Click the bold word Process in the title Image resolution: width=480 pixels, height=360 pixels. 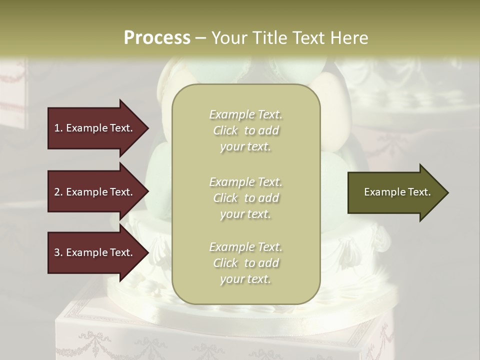pyautogui.click(x=157, y=38)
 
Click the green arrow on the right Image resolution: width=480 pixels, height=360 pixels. pyautogui.click(x=395, y=192)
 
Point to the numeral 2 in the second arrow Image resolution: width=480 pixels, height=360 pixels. pyautogui.click(x=57, y=192)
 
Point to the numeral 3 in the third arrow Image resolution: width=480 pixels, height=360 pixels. pyautogui.click(x=57, y=252)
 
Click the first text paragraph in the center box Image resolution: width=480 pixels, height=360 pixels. pyautogui.click(x=245, y=130)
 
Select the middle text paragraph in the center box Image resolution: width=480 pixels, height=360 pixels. pyautogui.click(x=245, y=197)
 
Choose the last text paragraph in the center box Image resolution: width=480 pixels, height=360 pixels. pyautogui.click(x=245, y=263)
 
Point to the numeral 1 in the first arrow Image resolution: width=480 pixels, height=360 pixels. pyautogui.click(x=57, y=128)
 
